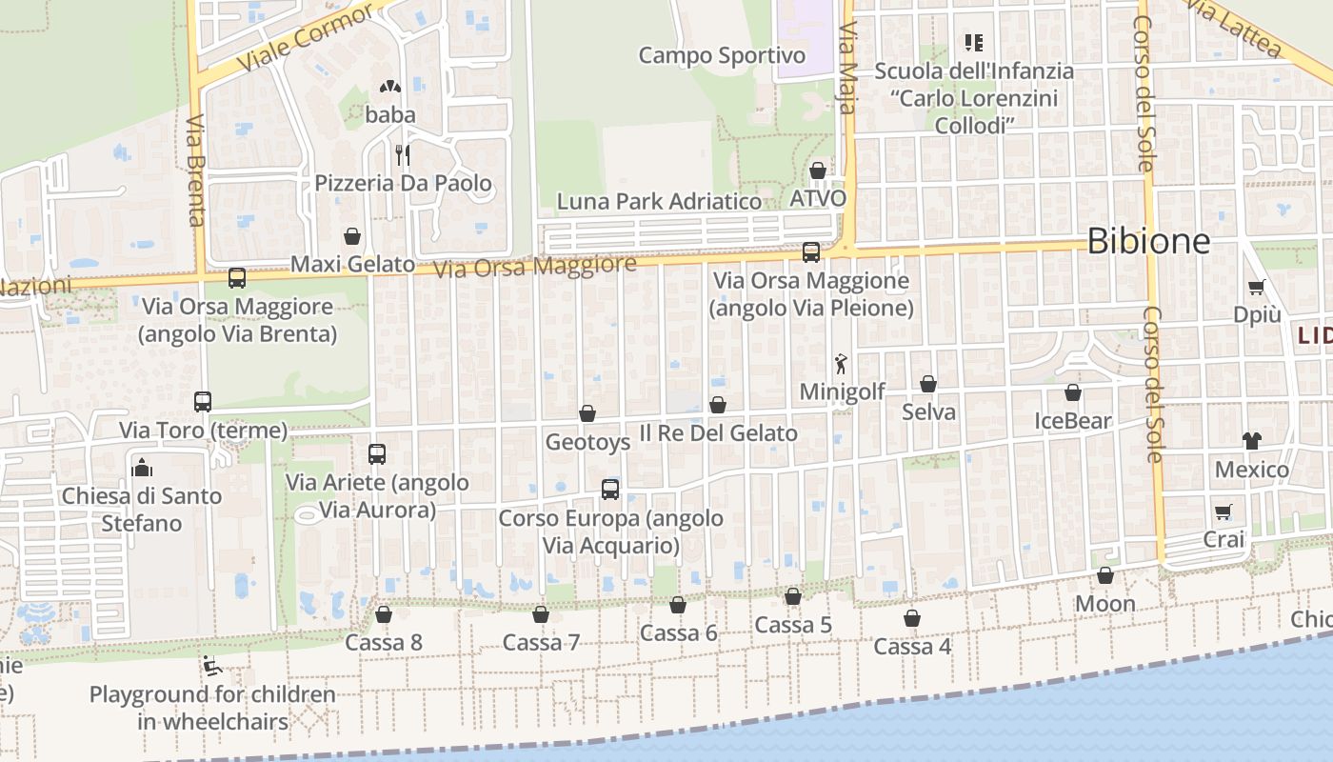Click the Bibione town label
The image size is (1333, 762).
[1148, 241]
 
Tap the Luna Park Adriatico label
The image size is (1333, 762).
[659, 202]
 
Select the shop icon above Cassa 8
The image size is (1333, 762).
[384, 614]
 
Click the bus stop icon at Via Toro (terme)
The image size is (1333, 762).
[203, 402]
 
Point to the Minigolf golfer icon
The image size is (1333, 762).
[841, 363]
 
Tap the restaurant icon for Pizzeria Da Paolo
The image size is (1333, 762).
[403, 154]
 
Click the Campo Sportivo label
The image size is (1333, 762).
[722, 55]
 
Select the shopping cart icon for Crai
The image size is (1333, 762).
[1224, 511]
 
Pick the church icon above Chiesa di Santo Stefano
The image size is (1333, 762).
[142, 467]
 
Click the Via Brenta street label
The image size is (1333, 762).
[196, 171]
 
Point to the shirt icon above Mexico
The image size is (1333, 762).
[1251, 440]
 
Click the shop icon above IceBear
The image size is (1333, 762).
[1073, 392]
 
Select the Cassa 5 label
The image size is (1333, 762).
[793, 625]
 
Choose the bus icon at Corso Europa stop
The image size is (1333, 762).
[610, 490]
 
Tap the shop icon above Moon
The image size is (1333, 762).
[1105, 575]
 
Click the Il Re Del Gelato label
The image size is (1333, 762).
[718, 433]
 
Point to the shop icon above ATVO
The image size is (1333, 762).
[817, 170]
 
